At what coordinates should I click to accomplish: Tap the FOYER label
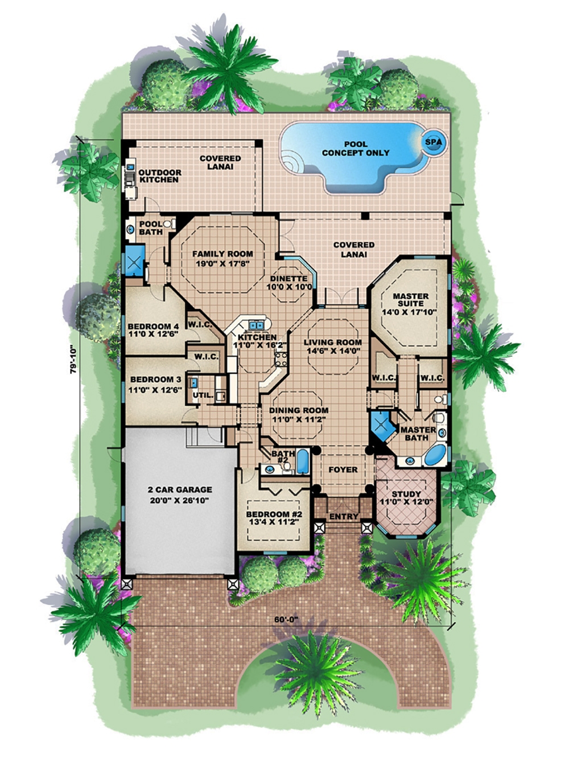pos(343,469)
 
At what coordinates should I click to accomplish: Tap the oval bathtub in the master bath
pos(436,455)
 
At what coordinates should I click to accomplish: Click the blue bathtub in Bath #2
pos(302,462)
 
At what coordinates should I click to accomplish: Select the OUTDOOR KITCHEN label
pos(160,176)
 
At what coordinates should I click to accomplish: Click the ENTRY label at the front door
pos(344,517)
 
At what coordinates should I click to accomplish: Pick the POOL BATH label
pos(151,228)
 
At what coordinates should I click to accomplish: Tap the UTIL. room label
pos(204,394)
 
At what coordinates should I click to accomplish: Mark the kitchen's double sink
pos(255,326)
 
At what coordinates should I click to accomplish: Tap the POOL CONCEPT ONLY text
pos(356,149)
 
